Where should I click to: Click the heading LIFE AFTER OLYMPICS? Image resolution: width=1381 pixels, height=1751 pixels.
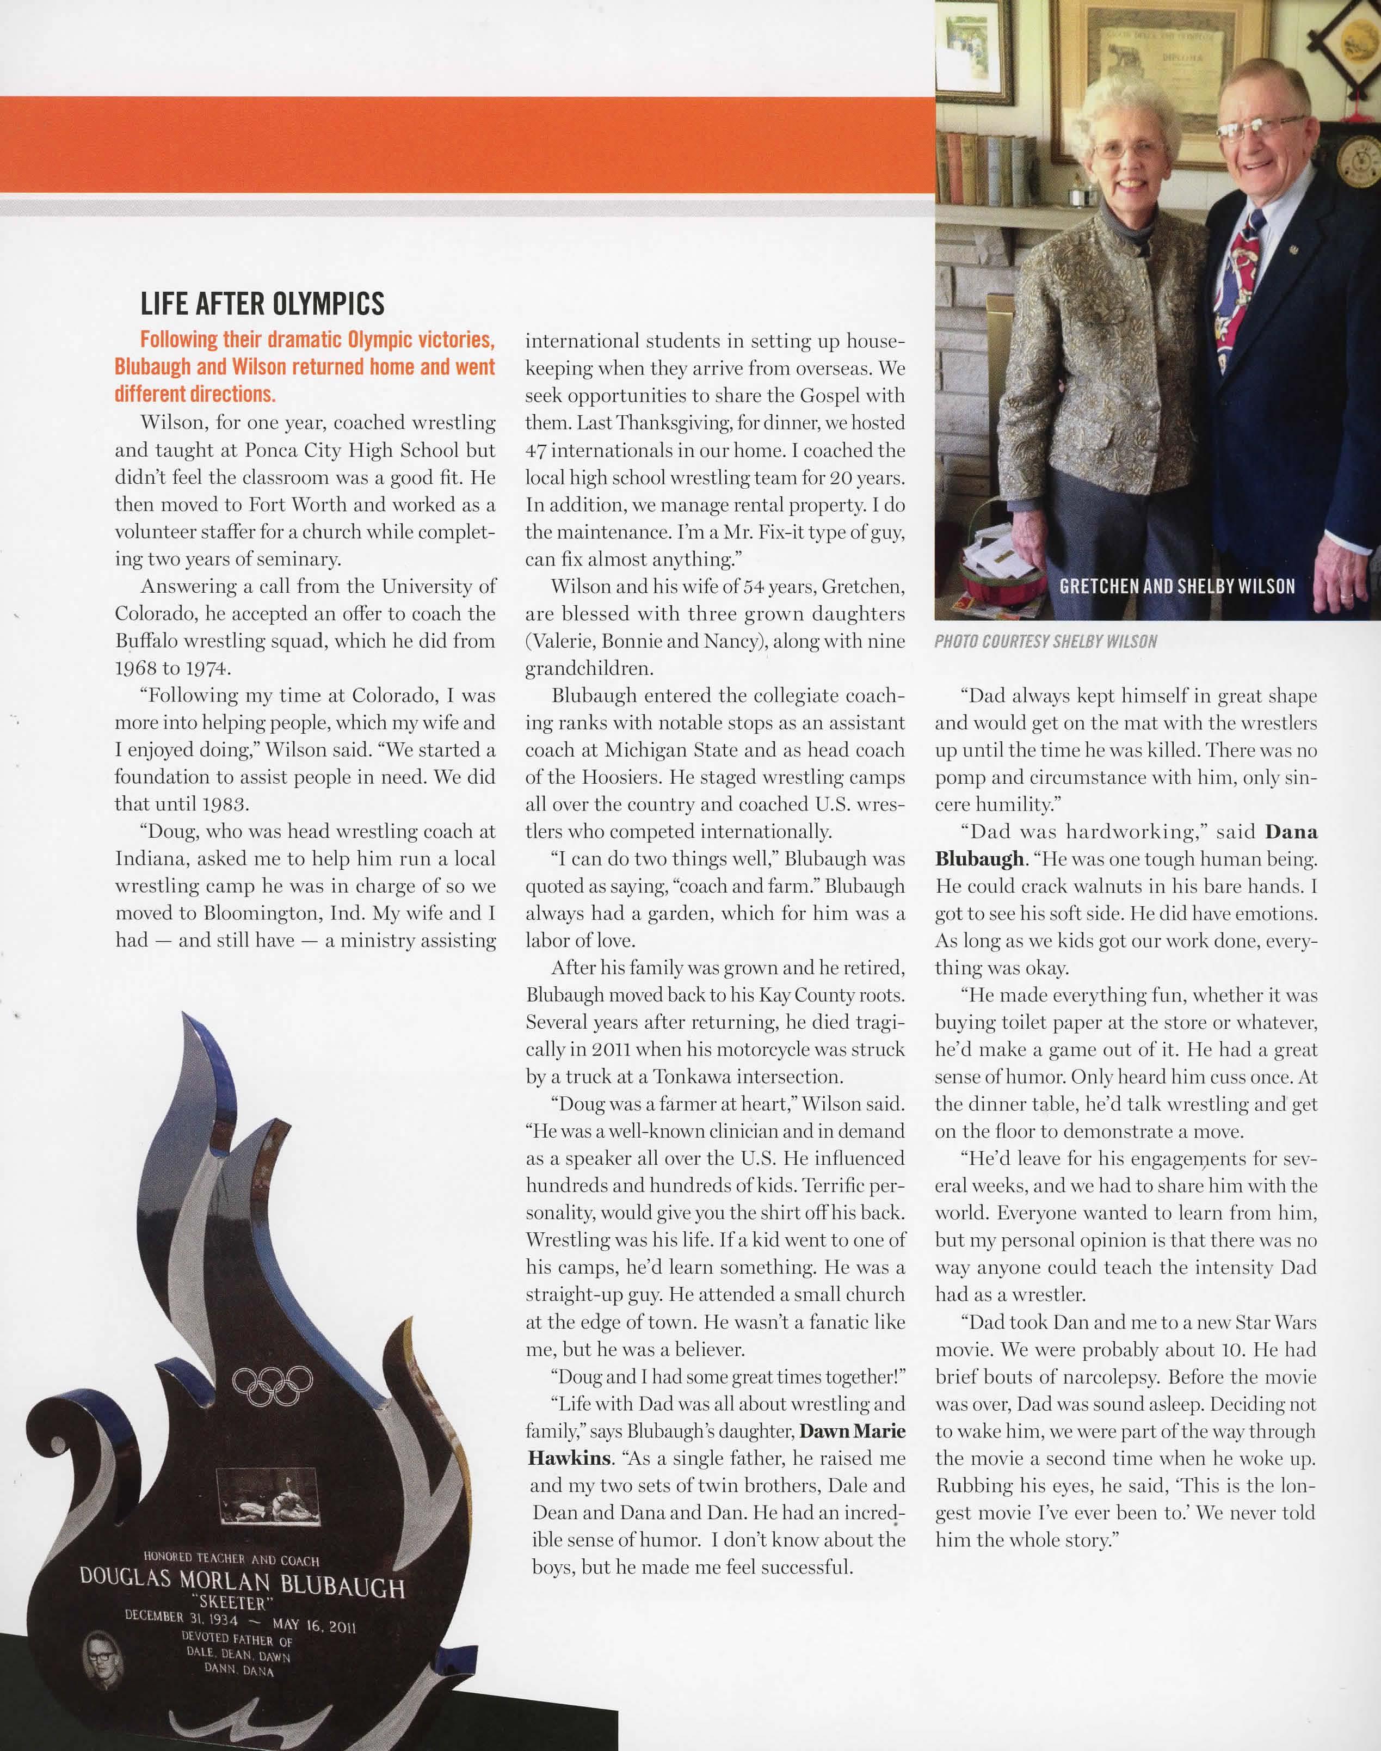[262, 304]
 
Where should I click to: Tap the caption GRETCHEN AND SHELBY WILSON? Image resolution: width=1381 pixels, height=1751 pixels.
[1176, 586]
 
